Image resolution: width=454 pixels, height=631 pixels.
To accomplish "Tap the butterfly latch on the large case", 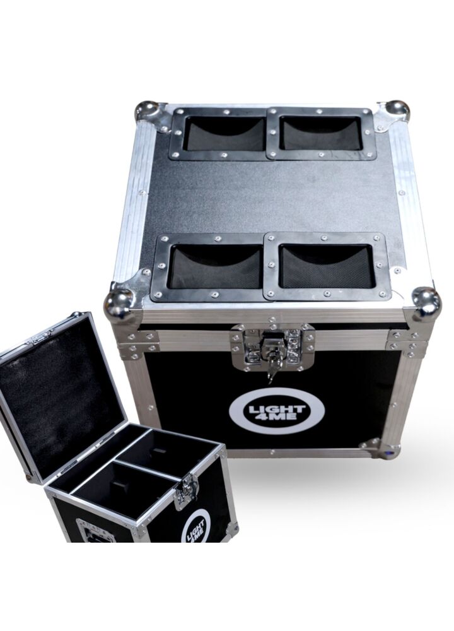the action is pyautogui.click(x=272, y=347).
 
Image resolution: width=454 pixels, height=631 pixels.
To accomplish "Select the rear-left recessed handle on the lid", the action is pyautogui.click(x=219, y=133).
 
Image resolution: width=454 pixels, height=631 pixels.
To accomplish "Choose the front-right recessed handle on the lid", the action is pyautogui.click(x=327, y=266).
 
